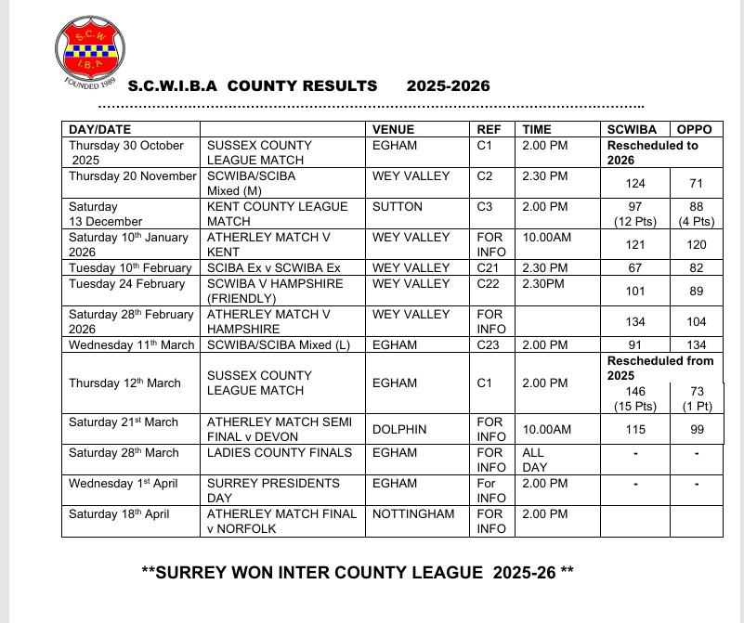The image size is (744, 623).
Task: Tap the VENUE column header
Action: tap(394, 130)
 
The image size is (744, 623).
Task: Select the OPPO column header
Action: tap(695, 130)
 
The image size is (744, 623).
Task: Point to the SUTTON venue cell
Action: tap(398, 206)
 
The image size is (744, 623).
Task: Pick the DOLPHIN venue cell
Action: tap(400, 429)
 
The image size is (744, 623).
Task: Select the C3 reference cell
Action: tap(485, 206)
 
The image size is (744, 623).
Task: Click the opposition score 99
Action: tap(697, 429)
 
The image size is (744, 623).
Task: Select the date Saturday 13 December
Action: tap(106, 214)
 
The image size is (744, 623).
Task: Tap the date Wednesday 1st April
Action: tap(123, 483)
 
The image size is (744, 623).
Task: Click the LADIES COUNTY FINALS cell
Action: tap(280, 452)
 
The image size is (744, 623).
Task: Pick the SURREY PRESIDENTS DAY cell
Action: tap(260, 490)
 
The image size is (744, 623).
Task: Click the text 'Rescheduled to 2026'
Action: tap(658, 152)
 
